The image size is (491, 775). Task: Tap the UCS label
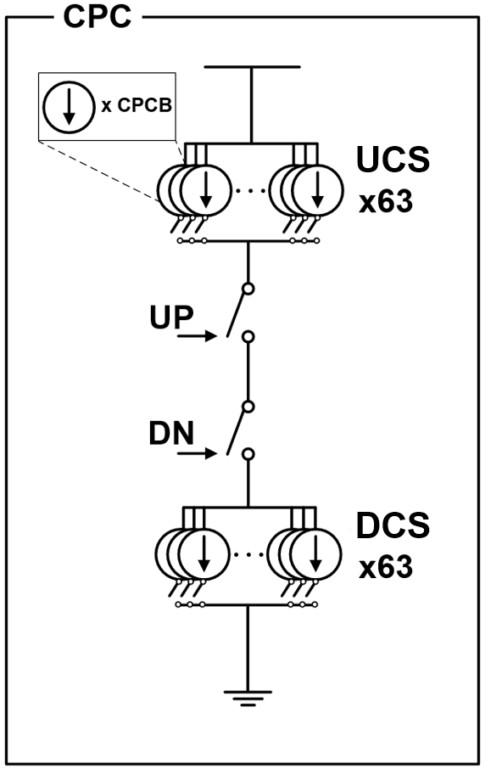pos(393,159)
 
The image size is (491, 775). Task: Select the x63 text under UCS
pos(386,202)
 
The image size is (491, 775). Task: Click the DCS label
pos(393,525)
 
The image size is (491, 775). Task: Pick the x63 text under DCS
pos(386,567)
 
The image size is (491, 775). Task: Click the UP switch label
pos(171,317)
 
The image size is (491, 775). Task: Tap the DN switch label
pos(171,433)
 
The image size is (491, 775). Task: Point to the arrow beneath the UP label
pos(197,336)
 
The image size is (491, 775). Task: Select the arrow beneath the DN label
pos(197,452)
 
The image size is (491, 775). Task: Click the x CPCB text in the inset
pos(137,105)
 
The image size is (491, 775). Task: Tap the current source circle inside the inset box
pos(69,107)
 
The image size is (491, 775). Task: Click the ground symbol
pos(248,698)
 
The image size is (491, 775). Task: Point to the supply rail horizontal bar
pos(252,66)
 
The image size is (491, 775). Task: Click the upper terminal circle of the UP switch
pos(248,289)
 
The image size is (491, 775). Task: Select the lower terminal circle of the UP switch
pos(248,337)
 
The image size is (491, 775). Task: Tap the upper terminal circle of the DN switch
pos(248,407)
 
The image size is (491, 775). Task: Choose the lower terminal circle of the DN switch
pos(248,454)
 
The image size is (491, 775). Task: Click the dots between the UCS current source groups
pos(249,190)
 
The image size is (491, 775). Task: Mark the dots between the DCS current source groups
pos(248,554)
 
